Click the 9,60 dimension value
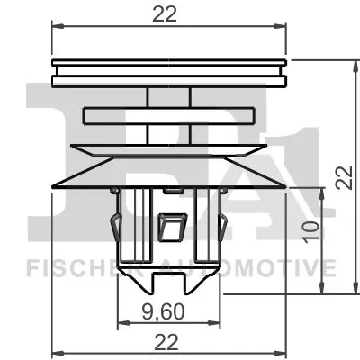pos(169,312)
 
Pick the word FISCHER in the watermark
pos(68,267)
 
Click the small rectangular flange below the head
pos(170,115)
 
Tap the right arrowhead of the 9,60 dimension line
pos(217,323)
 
